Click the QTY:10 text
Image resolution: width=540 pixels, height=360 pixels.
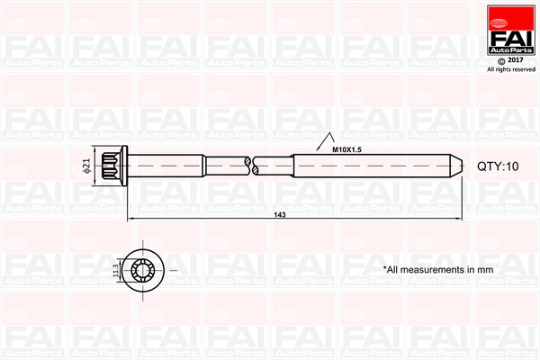(x=498, y=166)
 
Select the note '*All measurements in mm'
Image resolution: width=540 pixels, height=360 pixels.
(x=438, y=269)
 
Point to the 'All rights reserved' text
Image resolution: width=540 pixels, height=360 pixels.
(x=510, y=68)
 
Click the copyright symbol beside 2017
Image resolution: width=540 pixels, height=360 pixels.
(x=500, y=60)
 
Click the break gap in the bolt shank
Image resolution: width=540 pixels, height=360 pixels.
(x=249, y=166)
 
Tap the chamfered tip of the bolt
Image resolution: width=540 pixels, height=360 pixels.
(x=458, y=166)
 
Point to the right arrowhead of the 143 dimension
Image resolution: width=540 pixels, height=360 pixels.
(x=459, y=219)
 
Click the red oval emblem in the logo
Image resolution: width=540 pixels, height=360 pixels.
(x=509, y=13)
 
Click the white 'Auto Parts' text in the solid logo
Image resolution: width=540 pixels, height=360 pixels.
(x=509, y=48)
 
